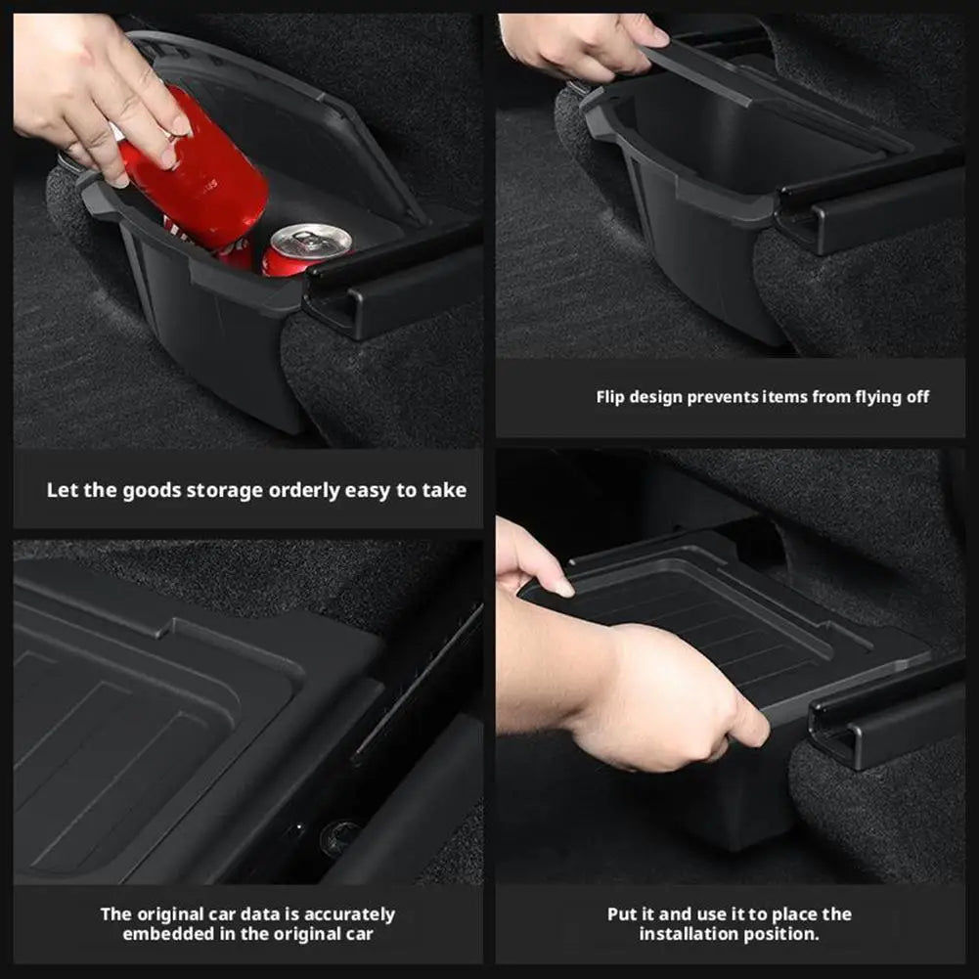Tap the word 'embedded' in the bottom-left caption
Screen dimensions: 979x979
coord(160,934)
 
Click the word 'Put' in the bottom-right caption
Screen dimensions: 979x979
coord(622,914)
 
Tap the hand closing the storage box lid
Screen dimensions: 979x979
coord(582,44)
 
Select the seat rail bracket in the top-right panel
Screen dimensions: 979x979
coord(861,210)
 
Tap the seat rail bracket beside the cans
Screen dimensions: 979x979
coord(391,289)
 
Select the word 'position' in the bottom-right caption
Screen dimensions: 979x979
coord(783,934)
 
